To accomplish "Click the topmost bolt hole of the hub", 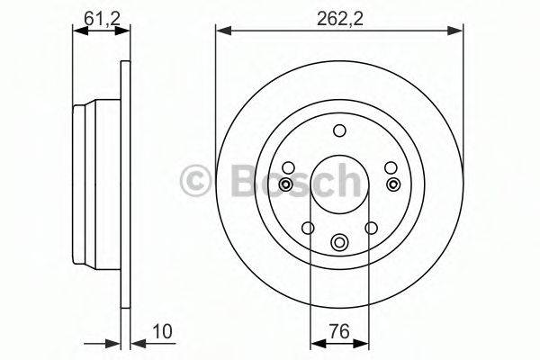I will point(339,130).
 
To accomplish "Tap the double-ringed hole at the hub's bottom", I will point(339,241).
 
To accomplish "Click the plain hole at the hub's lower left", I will point(307,228).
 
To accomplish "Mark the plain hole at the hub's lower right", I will point(372,228).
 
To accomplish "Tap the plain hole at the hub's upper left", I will point(288,166).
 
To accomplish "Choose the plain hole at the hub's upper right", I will point(391,166).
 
